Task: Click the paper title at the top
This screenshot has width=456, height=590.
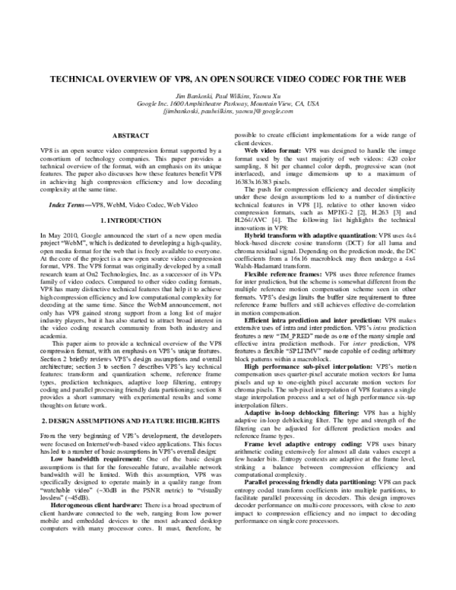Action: (x=228, y=80)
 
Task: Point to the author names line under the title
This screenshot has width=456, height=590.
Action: (x=228, y=94)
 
